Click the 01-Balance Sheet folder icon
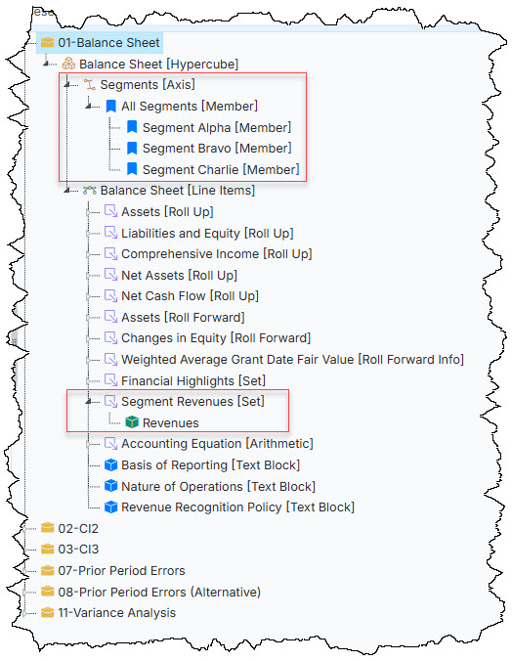point(48,43)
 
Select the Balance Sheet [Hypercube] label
point(159,65)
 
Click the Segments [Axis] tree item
point(148,85)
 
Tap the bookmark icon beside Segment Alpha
point(132,127)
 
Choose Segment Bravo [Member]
point(217,149)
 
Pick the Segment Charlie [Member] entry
point(221,169)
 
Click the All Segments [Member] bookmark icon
point(110,106)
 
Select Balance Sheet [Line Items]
point(178,191)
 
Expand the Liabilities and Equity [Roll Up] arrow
point(89,234)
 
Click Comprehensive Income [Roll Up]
point(217,254)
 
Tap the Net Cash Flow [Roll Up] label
point(190,296)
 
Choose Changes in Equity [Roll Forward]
point(216,338)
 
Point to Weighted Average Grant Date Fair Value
point(237,359)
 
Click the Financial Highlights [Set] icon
point(110,380)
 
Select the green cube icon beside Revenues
point(132,422)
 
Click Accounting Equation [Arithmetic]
point(217,444)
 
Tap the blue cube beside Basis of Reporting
point(110,464)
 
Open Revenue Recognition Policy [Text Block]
point(237,507)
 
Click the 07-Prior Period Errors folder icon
point(48,570)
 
